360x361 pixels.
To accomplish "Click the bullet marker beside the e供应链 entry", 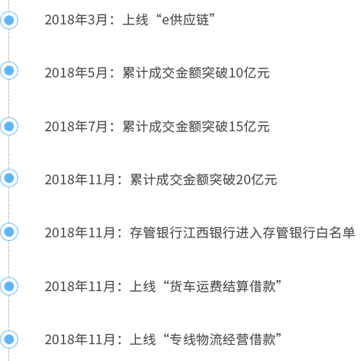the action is pyautogui.click(x=9, y=20).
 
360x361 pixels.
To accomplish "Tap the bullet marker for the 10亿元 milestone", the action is pyautogui.click(x=9, y=71).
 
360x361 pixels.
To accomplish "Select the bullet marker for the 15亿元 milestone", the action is pyautogui.click(x=9, y=126).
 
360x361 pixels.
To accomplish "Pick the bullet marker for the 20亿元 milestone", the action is pyautogui.click(x=9, y=178).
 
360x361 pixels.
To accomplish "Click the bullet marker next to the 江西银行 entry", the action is pyautogui.click(x=9, y=232).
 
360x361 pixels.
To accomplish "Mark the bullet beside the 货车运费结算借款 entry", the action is pyautogui.click(x=9, y=286).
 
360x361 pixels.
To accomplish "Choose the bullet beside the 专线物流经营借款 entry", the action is pyautogui.click(x=9, y=339).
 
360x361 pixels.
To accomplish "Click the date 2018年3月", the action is pyautogui.click(x=76, y=20).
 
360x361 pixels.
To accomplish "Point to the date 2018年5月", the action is pyautogui.click(x=76, y=73).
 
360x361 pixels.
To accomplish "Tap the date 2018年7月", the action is pyautogui.click(x=76, y=126).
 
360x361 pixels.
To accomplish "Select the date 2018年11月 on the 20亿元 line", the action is pyautogui.click(x=80, y=179).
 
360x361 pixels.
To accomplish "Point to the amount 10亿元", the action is pyautogui.click(x=249, y=73).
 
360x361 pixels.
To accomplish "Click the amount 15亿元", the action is pyautogui.click(x=249, y=126).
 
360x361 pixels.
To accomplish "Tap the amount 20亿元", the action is pyautogui.click(x=256, y=179).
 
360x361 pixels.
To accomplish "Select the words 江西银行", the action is pyautogui.click(x=209, y=233).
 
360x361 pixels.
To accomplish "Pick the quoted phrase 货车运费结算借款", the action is pyautogui.click(x=223, y=286).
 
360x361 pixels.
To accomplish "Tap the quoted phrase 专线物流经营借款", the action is pyautogui.click(x=223, y=339).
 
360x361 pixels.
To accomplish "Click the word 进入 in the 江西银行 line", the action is pyautogui.click(x=249, y=233).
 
